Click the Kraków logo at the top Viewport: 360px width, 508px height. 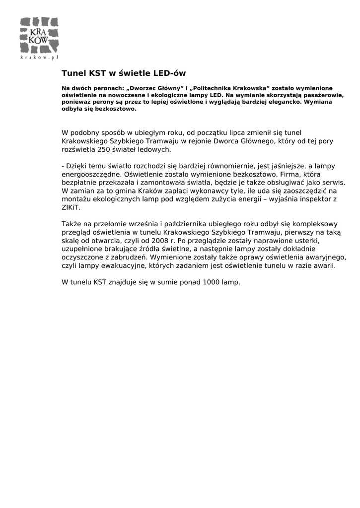click(x=40, y=36)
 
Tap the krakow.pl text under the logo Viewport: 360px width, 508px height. click(x=40, y=58)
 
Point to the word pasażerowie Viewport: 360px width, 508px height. click(x=324, y=94)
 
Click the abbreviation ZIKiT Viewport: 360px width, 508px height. click(x=71, y=207)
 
